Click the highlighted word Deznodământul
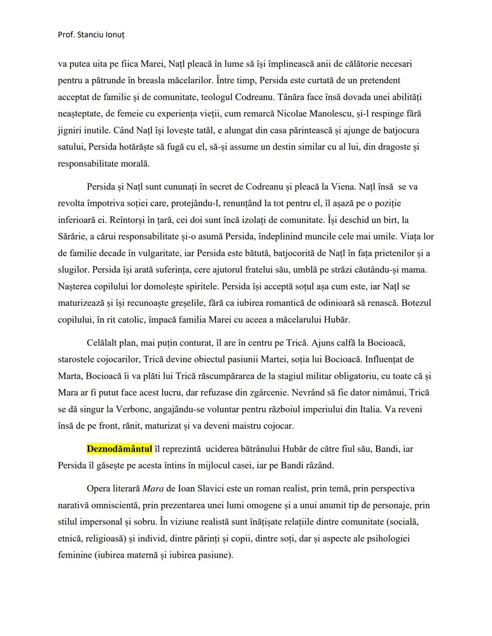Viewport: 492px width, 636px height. coord(119,449)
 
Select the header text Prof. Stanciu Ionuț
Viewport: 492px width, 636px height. coord(91,35)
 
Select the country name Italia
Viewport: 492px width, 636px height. coord(369,409)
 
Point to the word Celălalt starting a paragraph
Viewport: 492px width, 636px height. coord(104,343)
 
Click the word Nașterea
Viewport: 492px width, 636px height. coord(75,286)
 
